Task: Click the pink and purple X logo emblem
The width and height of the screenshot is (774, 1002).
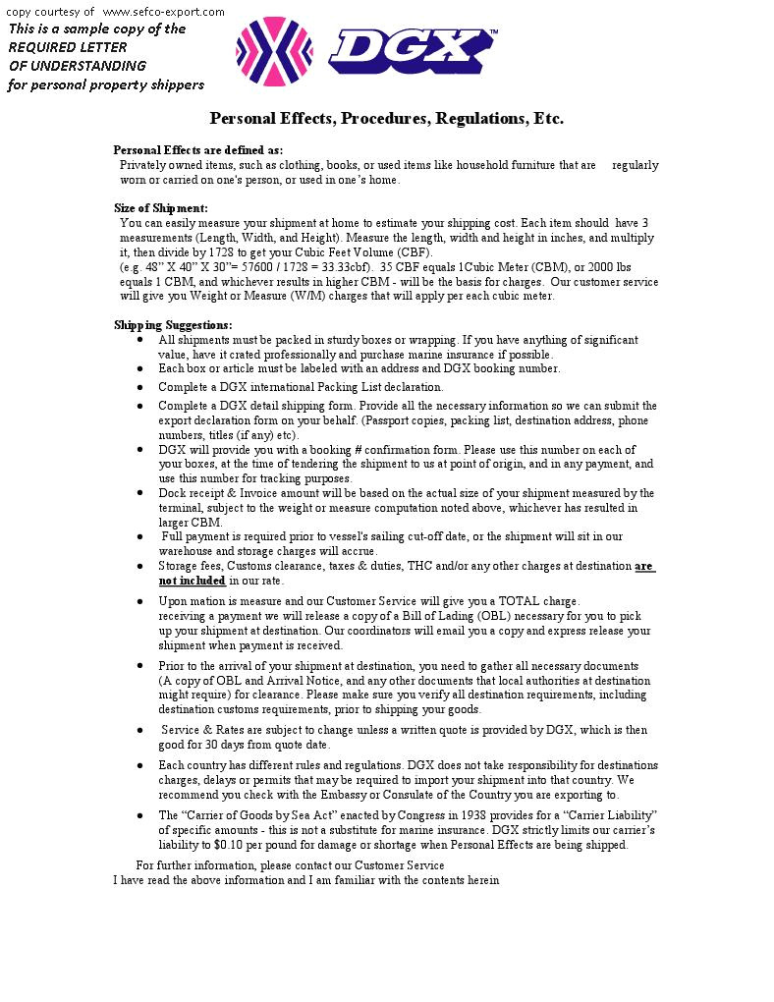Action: (274, 51)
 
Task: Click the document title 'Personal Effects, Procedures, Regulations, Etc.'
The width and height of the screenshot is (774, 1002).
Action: (386, 119)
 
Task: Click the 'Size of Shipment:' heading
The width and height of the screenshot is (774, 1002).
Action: (161, 208)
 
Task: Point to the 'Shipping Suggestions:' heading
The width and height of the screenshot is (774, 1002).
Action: (173, 325)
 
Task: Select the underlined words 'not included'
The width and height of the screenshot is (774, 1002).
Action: (193, 581)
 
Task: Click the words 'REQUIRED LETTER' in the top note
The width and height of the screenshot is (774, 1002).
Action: (68, 47)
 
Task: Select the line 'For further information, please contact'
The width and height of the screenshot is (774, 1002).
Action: (290, 865)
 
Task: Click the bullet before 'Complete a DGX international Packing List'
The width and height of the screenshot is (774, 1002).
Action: (139, 387)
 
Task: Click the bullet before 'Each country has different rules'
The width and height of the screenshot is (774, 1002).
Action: (139, 765)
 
